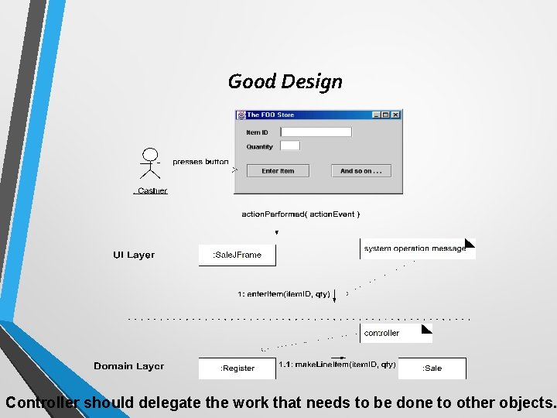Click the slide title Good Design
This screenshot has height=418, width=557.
coord(285,81)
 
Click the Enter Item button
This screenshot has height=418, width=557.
coord(278,170)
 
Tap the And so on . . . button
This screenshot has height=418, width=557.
coord(361,170)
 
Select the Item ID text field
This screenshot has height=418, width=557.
coord(316,132)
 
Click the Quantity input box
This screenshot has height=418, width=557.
coord(289,146)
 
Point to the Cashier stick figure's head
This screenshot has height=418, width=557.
coord(150,153)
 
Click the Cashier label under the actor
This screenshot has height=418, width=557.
coord(152,190)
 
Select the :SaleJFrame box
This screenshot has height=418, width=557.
coord(237,255)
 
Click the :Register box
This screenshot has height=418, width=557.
coord(237,368)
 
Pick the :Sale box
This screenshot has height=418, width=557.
coord(432,368)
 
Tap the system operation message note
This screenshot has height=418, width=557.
coord(415,248)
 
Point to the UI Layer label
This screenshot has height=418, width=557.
coord(134,255)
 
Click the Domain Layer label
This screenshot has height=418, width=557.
coord(128,366)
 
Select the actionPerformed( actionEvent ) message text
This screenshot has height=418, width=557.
coord(300,214)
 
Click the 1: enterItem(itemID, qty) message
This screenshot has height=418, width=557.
coord(284,294)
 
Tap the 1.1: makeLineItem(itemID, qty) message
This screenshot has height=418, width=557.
coord(337,365)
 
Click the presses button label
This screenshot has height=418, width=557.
coord(200,162)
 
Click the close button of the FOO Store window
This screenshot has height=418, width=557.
coord(396,115)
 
